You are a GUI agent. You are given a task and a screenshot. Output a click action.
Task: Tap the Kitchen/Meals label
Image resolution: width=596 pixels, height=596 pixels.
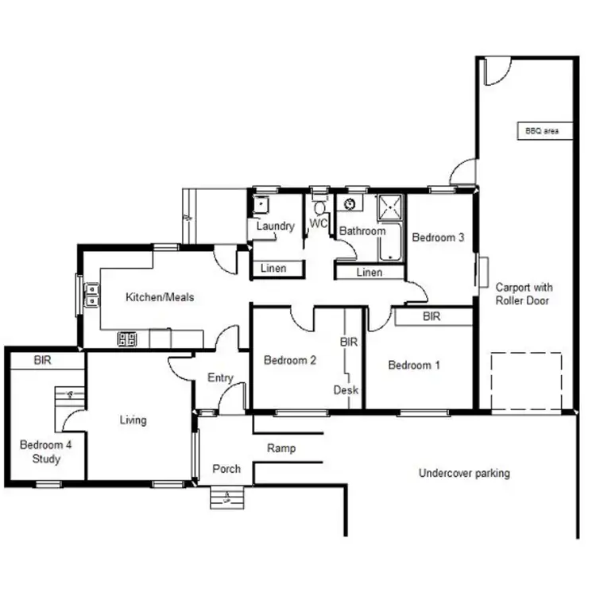pyautogui.click(x=160, y=298)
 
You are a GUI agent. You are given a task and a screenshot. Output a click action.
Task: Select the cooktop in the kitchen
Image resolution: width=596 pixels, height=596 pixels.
pyautogui.click(x=127, y=339)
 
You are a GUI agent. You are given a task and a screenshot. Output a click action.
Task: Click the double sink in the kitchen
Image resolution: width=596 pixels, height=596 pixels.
pyautogui.click(x=93, y=296)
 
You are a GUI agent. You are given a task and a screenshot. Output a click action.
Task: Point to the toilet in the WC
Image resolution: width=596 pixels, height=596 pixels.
pyautogui.click(x=319, y=208)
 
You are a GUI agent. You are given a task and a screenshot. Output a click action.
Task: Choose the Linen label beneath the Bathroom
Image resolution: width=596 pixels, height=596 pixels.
pyautogui.click(x=370, y=273)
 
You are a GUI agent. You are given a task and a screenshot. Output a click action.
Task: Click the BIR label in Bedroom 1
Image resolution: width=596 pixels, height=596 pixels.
pyautogui.click(x=432, y=317)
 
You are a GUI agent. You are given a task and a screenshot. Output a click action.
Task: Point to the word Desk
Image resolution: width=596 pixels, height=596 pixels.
pyautogui.click(x=346, y=390)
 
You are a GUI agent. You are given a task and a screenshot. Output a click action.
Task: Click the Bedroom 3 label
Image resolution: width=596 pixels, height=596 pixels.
pyautogui.click(x=437, y=237)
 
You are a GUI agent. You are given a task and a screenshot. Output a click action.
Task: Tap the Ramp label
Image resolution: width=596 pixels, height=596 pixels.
pyautogui.click(x=281, y=448)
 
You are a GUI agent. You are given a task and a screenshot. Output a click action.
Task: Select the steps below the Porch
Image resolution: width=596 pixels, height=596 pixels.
pyautogui.click(x=226, y=498)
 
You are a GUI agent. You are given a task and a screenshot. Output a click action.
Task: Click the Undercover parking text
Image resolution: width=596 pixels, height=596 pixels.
pyautogui.click(x=464, y=474)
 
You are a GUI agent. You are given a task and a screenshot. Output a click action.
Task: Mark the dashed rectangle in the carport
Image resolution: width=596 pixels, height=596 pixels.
pyautogui.click(x=525, y=381)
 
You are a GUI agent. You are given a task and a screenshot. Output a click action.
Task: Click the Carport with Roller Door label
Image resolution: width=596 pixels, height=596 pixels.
pyautogui.click(x=524, y=294)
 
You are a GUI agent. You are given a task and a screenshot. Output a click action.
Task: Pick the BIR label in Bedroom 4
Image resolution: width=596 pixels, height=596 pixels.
pyautogui.click(x=43, y=360)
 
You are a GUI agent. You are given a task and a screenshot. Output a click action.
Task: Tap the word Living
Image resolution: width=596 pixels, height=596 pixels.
pyautogui.click(x=133, y=420)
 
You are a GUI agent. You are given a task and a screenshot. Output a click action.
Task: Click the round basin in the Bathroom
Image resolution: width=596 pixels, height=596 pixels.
pyautogui.click(x=350, y=205)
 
